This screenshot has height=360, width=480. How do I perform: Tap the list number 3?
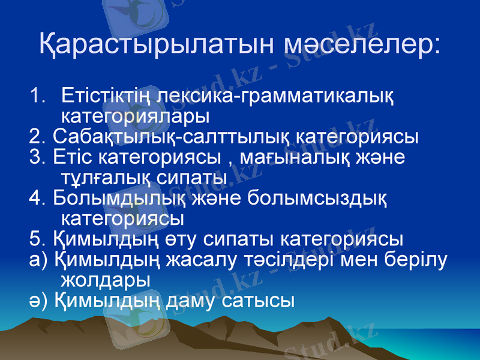36,158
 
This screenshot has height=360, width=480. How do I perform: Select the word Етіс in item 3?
72,158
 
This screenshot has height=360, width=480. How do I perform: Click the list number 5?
36,239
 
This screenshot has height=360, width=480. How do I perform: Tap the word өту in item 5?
181,239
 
